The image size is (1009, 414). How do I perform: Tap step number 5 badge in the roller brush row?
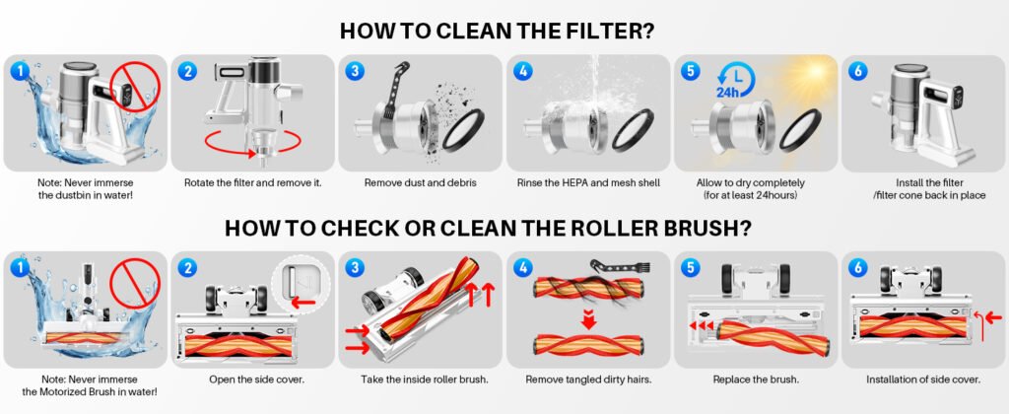(689, 267)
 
